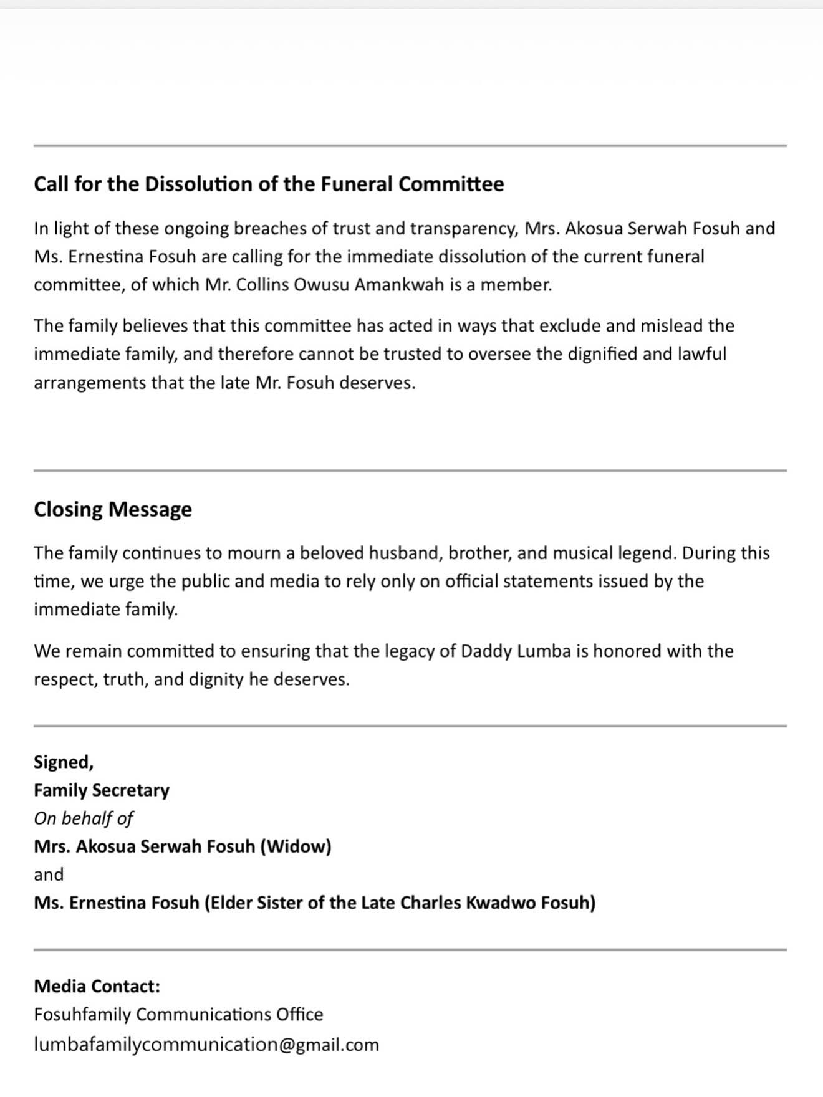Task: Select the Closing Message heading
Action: pos(113,509)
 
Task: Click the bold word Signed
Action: pos(63,762)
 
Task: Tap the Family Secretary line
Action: pos(102,790)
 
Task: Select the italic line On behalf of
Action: pos(84,818)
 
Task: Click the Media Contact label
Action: pos(97,986)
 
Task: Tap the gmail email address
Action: pos(206,1045)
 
